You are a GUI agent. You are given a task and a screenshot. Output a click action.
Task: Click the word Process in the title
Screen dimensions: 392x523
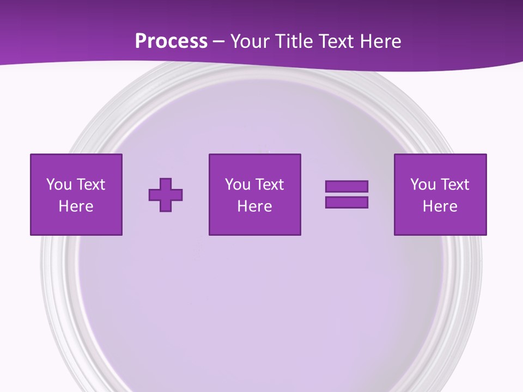pos(171,41)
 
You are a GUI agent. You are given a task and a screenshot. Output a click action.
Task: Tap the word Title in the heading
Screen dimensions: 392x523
pos(293,41)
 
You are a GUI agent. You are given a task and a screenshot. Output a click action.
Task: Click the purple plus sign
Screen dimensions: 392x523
pos(166,194)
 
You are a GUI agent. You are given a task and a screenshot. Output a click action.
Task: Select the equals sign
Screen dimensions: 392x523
pos(346,194)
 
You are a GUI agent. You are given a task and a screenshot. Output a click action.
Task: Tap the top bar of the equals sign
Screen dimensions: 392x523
pos(346,187)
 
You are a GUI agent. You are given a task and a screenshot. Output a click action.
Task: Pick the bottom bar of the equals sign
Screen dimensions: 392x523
pos(346,202)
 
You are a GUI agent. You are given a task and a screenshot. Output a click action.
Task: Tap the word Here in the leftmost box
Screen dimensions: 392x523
pos(76,206)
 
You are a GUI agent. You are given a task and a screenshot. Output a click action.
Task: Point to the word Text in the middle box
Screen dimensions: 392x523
pos(269,185)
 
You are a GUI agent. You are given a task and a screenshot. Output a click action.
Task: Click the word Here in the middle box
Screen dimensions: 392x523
pos(255,206)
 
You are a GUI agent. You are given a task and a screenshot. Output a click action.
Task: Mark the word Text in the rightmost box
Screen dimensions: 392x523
pos(454,185)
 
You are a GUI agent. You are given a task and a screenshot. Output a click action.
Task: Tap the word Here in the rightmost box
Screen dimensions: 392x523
pos(440,206)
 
